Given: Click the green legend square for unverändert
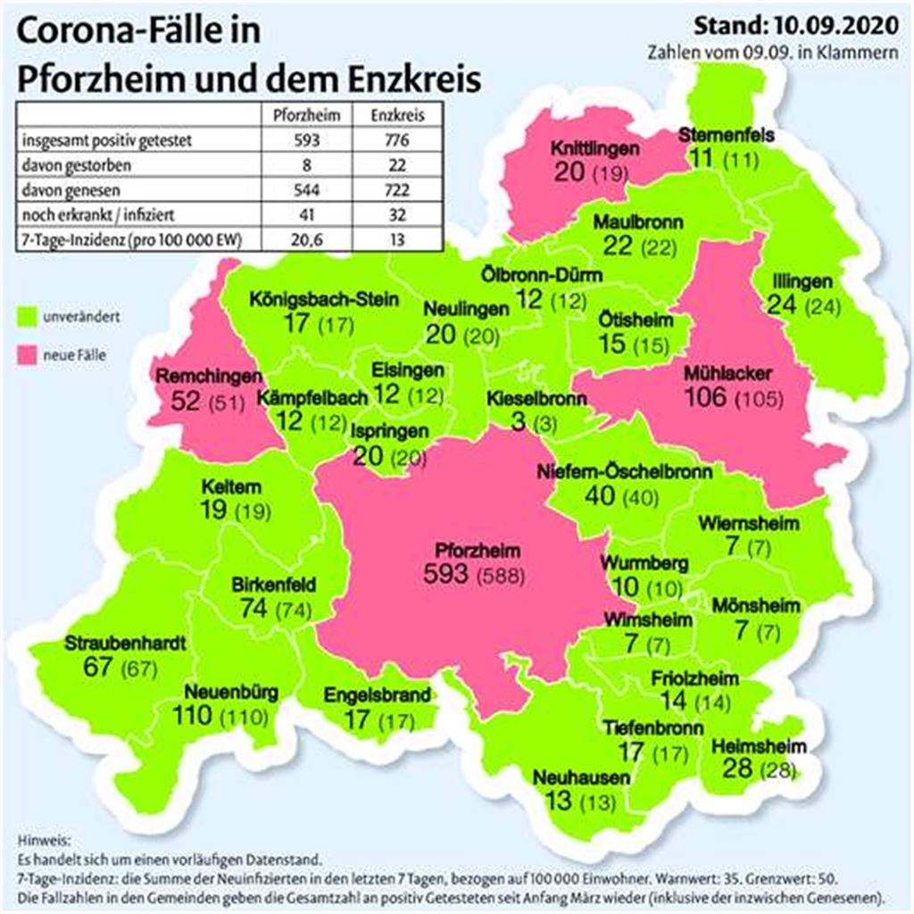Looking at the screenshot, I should click(26, 316).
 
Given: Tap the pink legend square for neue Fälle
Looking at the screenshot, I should click(26, 356).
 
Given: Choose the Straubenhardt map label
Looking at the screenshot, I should click(126, 643).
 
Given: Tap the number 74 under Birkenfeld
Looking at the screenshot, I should click(255, 609).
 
